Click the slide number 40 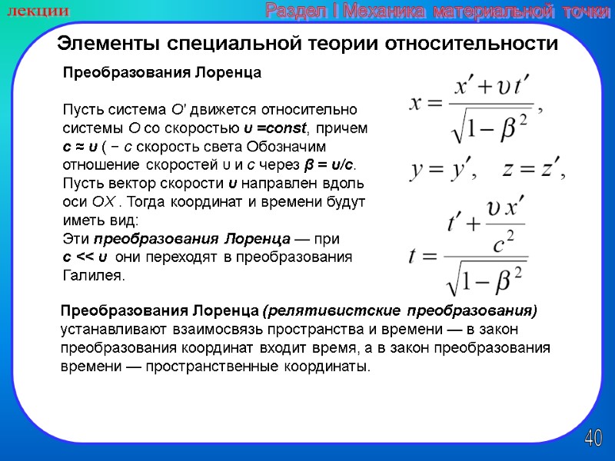[593, 439]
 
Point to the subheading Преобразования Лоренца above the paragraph [161, 73]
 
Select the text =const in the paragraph [277, 128]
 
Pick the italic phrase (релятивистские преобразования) [400, 311]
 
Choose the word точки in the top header [585, 11]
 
